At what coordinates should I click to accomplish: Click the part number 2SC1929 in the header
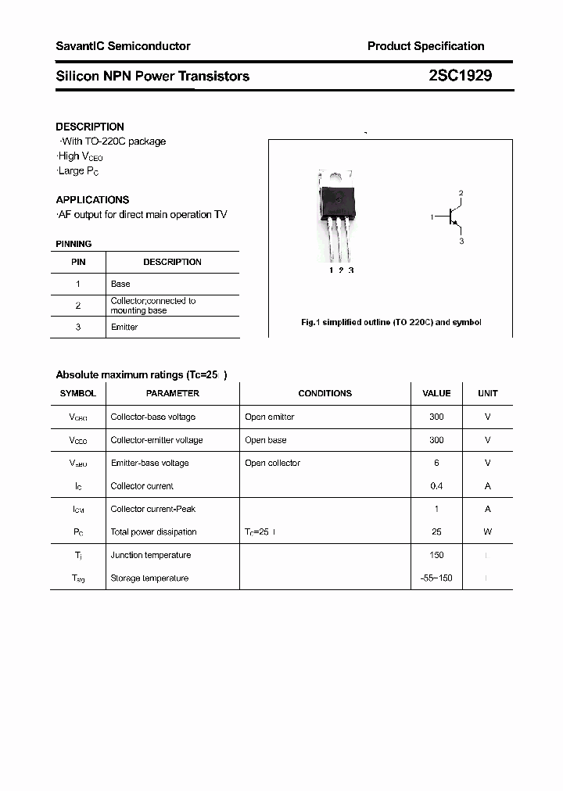click(460, 76)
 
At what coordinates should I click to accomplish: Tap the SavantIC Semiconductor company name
click(123, 46)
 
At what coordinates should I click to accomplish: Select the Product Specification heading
click(425, 46)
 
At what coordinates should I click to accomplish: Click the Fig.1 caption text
click(391, 322)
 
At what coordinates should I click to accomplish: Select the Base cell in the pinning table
click(120, 284)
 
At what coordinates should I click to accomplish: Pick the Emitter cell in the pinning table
click(124, 327)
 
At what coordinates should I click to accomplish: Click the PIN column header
click(78, 262)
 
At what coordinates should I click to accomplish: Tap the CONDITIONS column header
click(325, 393)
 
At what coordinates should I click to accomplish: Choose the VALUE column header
click(436, 393)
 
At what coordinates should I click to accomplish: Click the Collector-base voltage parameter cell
click(153, 417)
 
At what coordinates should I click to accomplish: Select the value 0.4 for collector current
click(436, 486)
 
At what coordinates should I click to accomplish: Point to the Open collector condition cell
click(272, 463)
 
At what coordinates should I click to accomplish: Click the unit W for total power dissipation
click(487, 532)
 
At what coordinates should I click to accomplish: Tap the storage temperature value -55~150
click(436, 578)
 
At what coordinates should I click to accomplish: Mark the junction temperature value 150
click(436, 555)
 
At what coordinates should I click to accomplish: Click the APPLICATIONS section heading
click(92, 199)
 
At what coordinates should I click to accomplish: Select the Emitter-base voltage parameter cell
click(149, 463)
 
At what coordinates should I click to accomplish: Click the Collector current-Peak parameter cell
click(152, 509)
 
